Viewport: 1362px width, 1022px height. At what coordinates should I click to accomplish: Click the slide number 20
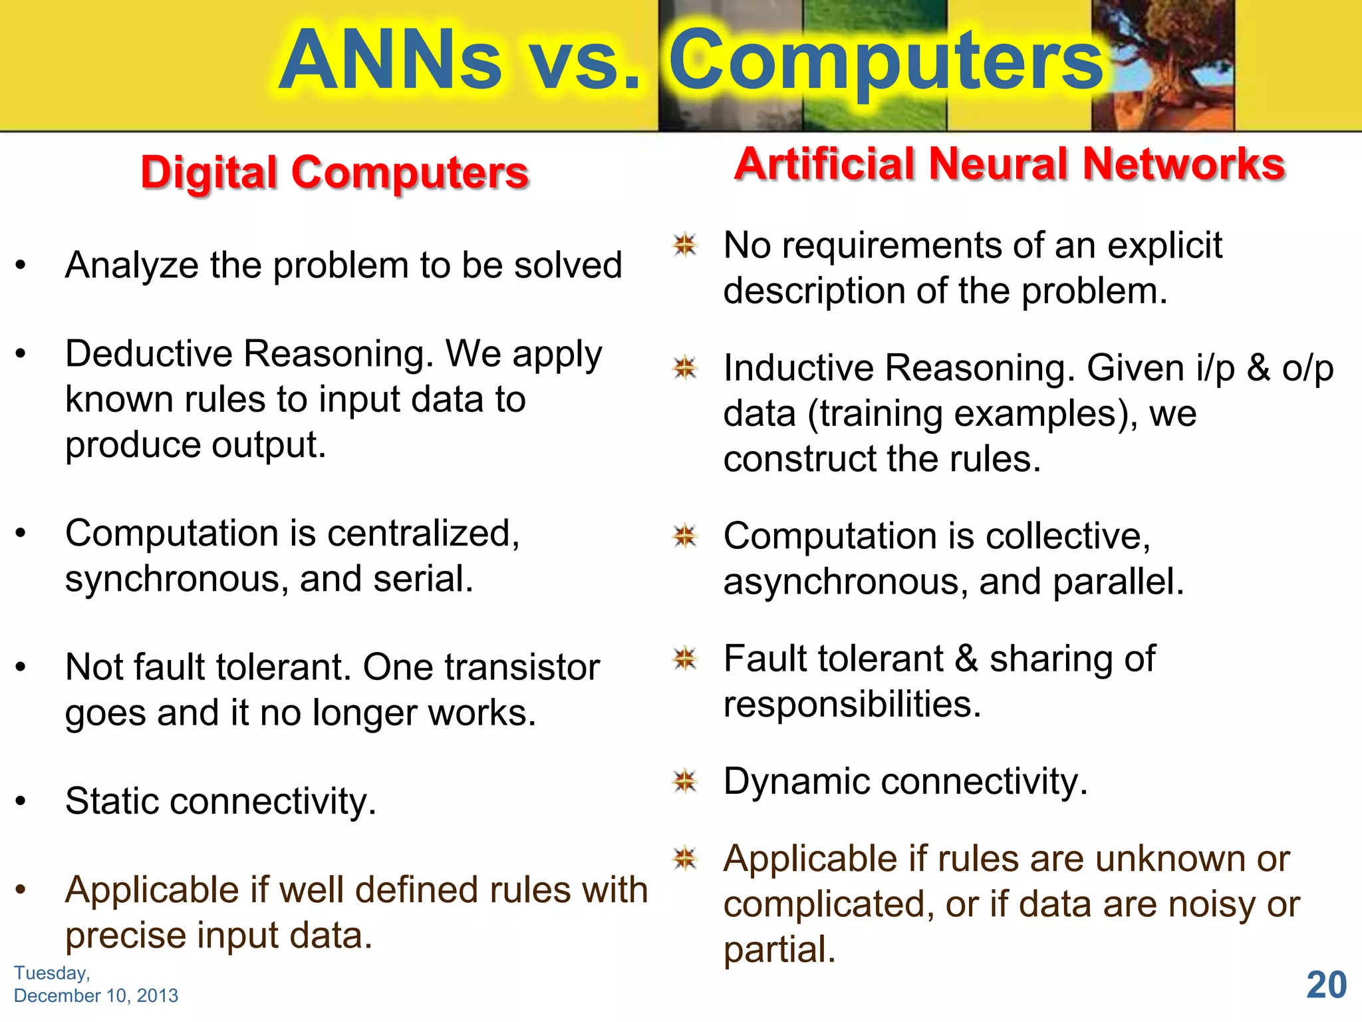coord(1326,985)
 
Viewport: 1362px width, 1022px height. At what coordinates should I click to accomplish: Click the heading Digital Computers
coord(335,173)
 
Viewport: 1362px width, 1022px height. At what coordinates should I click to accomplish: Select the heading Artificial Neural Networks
coord(1010,164)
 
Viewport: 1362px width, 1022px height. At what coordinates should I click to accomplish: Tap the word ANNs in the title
coord(390,61)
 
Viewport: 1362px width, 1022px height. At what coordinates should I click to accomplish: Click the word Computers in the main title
coord(886,61)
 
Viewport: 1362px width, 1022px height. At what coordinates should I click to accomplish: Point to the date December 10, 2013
coord(96,995)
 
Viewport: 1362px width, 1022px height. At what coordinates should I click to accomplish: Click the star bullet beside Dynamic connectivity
coord(684,781)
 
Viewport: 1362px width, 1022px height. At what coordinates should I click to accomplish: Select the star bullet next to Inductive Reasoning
coord(684,367)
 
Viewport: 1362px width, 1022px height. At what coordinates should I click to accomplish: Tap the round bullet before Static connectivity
coord(21,801)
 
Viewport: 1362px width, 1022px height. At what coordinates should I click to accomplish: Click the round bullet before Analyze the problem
coord(21,265)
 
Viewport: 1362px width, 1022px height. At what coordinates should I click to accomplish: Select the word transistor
coord(522,667)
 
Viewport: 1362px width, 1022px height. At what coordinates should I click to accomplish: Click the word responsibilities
coord(852,705)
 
